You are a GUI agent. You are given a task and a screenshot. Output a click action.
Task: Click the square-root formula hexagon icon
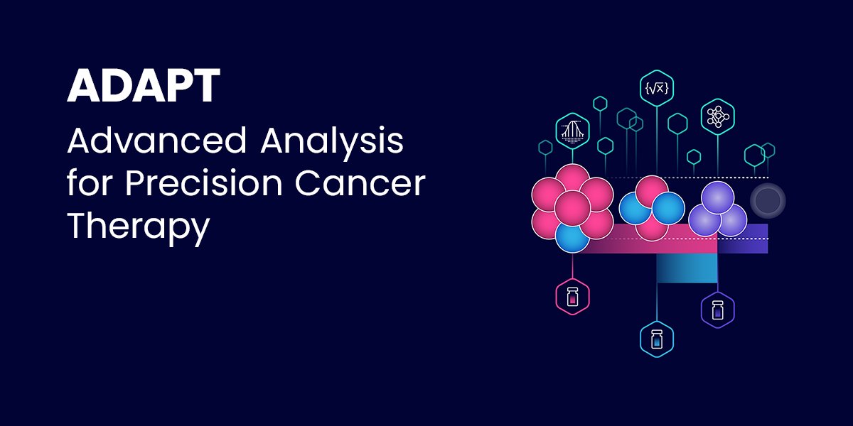tap(656, 89)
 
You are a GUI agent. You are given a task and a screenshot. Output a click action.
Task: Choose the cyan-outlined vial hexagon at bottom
tap(656, 339)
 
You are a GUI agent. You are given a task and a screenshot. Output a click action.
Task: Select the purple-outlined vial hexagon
tap(717, 310)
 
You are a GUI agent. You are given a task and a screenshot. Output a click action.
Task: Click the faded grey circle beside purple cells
tap(768, 201)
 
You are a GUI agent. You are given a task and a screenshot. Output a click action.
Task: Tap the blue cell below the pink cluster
tap(573, 237)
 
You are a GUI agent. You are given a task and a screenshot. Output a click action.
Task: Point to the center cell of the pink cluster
tap(573, 208)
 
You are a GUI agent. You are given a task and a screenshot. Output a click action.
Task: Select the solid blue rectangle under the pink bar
tap(686, 268)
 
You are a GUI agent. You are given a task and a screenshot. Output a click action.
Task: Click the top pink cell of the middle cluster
tap(652, 192)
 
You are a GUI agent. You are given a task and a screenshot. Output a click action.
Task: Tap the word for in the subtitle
tap(90, 185)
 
